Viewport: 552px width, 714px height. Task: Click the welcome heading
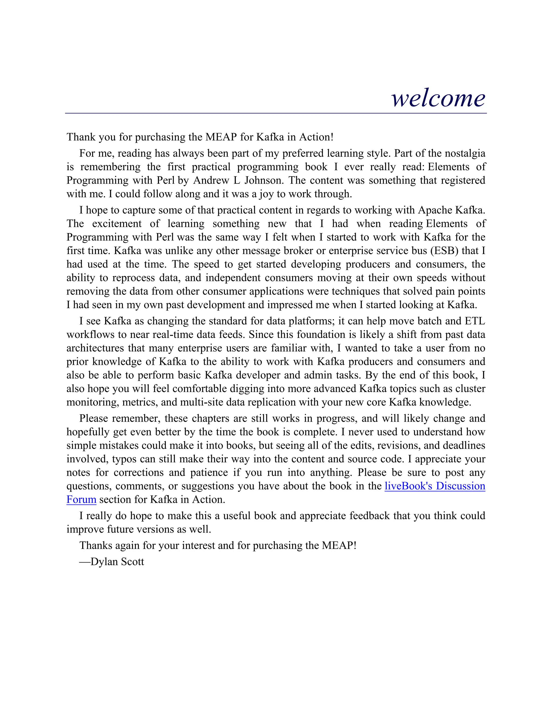coord(438,98)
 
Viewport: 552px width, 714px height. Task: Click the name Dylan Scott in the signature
coord(117,562)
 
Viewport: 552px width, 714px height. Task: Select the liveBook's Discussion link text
coord(434,486)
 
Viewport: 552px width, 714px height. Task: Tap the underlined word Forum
coord(81,500)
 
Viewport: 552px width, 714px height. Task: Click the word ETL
coord(475,321)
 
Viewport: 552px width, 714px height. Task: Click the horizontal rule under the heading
coord(276,113)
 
